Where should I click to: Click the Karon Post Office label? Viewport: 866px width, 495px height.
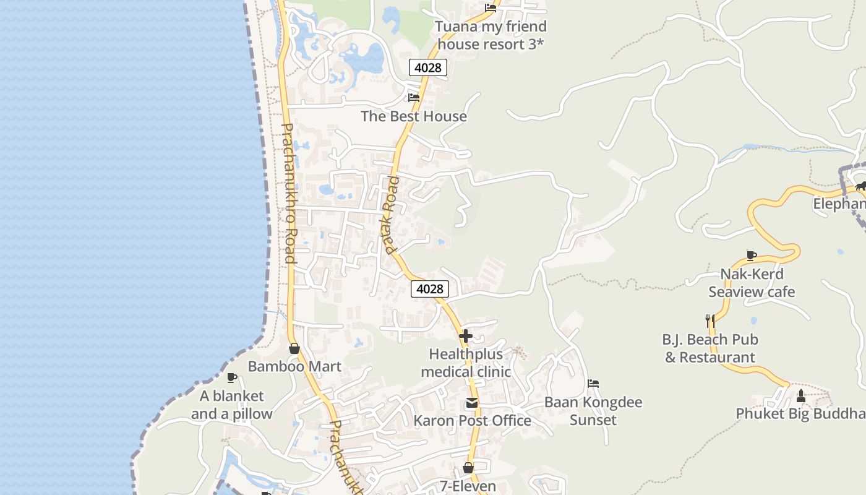pos(472,421)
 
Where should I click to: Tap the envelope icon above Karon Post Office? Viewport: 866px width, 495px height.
pos(472,403)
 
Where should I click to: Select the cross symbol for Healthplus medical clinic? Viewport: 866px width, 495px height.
pos(466,336)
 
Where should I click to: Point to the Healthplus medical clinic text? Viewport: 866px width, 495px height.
pos(466,363)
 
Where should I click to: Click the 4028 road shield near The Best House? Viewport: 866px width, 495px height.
pos(428,67)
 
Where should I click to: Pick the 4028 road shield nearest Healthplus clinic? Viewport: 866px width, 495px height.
pos(429,289)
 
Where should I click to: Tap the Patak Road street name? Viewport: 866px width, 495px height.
pos(392,215)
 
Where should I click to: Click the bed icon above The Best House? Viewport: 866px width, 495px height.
pos(414,98)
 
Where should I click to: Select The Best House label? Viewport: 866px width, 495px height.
pos(414,116)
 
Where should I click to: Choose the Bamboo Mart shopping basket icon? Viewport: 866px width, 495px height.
pos(294,348)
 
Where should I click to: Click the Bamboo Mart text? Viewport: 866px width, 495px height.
pos(294,366)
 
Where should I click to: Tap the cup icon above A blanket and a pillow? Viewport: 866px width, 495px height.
pos(232,377)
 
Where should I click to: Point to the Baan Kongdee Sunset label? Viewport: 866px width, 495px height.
pos(593,411)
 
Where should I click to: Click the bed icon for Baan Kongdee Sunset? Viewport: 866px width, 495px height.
pos(593,384)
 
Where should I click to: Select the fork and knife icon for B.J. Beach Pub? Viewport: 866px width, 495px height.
pos(710,321)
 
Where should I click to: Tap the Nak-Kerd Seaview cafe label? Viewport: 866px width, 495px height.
pos(752,283)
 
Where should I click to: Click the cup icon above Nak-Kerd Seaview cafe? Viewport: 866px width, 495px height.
pos(752,256)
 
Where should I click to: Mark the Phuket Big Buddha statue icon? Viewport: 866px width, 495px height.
pos(801,395)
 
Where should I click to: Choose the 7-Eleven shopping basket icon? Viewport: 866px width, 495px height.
pos(468,468)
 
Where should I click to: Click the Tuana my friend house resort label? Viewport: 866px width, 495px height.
pos(491,35)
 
